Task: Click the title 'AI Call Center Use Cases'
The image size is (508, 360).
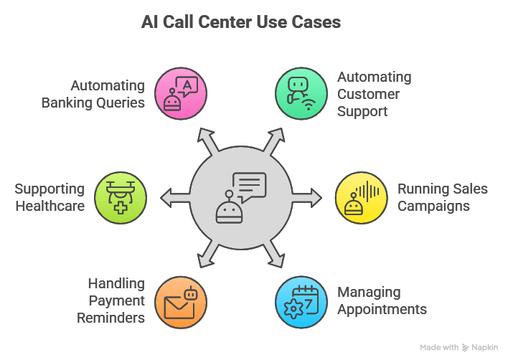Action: [x=240, y=22]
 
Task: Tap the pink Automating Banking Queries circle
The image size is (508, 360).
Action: [x=182, y=93]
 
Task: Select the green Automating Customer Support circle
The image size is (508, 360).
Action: [x=301, y=93]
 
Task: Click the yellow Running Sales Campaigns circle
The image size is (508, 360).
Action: [x=362, y=197]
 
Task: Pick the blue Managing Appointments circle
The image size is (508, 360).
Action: [x=301, y=301]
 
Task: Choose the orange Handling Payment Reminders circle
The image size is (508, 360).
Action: [x=182, y=301]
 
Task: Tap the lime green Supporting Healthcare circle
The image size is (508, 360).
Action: [x=121, y=197]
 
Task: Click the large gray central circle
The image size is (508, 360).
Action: [x=241, y=197]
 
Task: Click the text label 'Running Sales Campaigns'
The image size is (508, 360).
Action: [x=443, y=197]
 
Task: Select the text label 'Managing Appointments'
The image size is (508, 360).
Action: [x=382, y=301]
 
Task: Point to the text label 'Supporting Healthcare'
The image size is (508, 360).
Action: [x=50, y=197]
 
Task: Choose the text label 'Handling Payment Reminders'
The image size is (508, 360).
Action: [x=111, y=300]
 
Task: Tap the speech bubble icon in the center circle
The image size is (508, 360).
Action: [x=250, y=186]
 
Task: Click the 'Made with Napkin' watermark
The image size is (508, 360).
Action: [x=458, y=347]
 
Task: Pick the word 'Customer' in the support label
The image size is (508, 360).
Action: [x=369, y=94]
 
